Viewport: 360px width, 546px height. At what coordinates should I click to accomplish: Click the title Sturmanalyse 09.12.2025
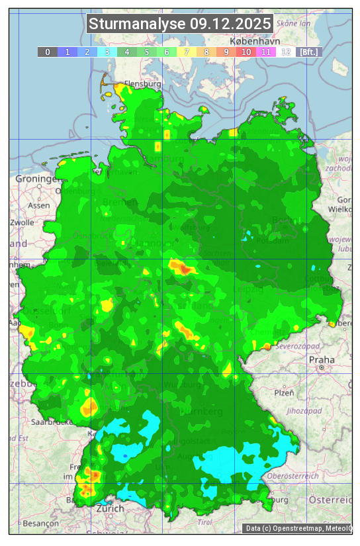click(x=180, y=24)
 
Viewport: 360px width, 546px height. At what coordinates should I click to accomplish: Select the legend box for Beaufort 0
click(x=48, y=52)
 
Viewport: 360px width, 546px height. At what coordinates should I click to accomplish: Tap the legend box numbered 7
click(x=187, y=52)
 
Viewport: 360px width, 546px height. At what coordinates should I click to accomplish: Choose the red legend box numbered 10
click(x=246, y=52)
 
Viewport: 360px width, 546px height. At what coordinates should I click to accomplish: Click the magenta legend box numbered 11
click(x=266, y=52)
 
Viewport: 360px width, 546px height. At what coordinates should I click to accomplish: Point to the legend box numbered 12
click(x=286, y=52)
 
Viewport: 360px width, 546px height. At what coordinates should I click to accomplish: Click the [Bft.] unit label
click(x=308, y=52)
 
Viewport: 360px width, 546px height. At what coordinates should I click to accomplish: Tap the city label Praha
click(x=322, y=359)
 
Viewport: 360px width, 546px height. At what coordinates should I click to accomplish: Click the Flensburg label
click(x=142, y=84)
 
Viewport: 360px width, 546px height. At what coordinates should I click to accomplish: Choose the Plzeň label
click(x=283, y=392)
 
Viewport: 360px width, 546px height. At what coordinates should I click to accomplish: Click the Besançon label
click(x=40, y=523)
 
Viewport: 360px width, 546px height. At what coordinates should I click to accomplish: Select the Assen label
click(x=39, y=205)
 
